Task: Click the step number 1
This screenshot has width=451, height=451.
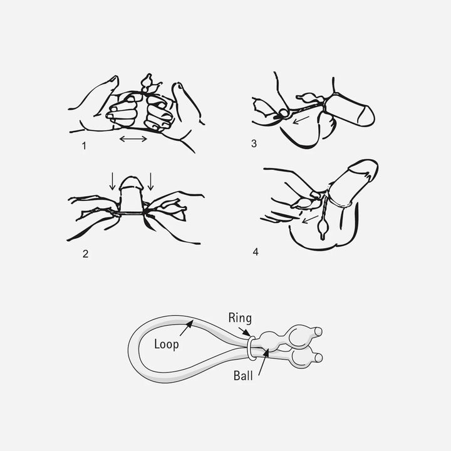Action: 84,146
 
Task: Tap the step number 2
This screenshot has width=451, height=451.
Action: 85,254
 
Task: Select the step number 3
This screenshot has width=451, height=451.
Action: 254,143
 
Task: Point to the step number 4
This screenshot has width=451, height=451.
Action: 256,252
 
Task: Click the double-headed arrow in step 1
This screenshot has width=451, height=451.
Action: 133,139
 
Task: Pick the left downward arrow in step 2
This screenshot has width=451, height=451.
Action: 113,181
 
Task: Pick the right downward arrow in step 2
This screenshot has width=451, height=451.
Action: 150,181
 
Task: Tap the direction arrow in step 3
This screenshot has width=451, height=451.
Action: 301,120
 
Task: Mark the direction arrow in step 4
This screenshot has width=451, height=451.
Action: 309,219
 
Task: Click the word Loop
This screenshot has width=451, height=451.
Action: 166,345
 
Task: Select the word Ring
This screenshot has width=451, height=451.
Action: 240,318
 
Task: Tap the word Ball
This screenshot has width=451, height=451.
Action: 243,376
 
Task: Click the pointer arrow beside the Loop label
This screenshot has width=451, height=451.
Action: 187,328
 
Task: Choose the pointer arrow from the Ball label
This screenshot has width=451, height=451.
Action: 263,363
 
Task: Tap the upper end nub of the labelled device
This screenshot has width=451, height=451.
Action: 318,331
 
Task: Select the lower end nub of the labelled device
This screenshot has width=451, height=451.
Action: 318,358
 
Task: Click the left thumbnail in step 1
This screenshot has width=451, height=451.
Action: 115,79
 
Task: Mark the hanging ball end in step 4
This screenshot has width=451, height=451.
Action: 323,229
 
